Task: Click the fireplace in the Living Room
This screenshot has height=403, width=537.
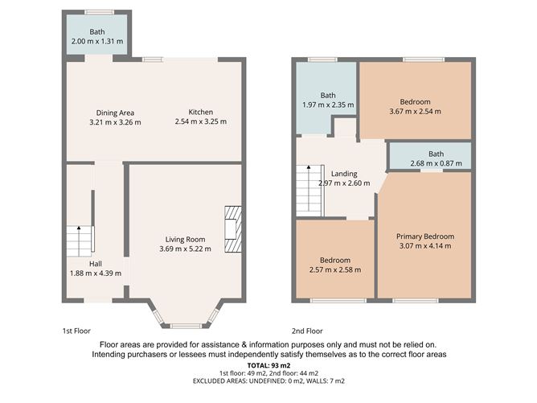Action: (233, 229)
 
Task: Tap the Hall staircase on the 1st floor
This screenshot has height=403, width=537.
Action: (80, 241)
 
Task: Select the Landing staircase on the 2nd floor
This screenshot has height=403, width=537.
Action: (310, 191)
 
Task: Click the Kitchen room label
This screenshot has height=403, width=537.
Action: (201, 112)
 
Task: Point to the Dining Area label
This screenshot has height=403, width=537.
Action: (115, 113)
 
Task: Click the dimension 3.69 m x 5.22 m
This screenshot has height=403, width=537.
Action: (185, 249)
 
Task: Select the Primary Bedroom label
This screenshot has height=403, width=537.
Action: (425, 236)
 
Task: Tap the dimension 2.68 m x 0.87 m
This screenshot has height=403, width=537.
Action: (436, 163)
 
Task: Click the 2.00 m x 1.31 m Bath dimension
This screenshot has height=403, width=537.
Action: (97, 42)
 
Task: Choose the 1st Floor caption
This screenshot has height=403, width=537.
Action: (76, 331)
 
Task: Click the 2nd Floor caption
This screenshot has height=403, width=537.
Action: (307, 331)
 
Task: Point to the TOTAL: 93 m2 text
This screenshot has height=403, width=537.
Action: (268, 365)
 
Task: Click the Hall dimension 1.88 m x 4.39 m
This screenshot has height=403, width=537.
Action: (96, 273)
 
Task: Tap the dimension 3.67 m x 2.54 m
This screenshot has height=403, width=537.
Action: (415, 111)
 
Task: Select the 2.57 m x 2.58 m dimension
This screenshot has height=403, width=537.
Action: (335, 269)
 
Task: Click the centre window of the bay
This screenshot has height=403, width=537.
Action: (185, 326)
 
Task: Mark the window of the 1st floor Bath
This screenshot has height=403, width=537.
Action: (100, 12)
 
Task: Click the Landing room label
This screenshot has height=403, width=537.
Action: (344, 174)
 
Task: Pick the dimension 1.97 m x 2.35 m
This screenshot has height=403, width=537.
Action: (328, 105)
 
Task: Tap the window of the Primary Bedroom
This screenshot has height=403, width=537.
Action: (416, 301)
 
